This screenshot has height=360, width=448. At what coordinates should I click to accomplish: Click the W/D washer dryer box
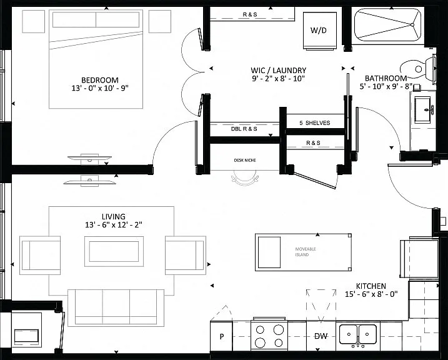pos(320,31)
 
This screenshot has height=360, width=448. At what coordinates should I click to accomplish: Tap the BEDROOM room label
pos(100,80)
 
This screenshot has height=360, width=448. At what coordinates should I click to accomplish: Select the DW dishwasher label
pos(321,336)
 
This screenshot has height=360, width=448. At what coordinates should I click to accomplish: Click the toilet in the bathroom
pos(418,69)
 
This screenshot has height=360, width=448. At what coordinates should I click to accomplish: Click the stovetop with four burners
pos(269,336)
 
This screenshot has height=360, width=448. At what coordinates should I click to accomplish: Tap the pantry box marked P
pos(221,336)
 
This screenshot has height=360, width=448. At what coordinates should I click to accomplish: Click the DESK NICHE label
pos(245,160)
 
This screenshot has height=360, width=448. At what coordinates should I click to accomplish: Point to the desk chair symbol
pos(245,178)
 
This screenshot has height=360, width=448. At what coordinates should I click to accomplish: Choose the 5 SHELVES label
pos(314,123)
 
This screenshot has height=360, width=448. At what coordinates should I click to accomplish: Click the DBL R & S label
pos(244,129)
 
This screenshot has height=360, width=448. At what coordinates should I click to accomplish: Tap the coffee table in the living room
pos(114,251)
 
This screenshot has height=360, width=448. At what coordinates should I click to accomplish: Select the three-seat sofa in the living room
pos(116,308)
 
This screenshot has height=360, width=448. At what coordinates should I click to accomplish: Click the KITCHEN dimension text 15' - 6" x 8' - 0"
pos(371,294)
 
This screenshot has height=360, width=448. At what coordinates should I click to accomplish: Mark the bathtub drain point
pos(412,25)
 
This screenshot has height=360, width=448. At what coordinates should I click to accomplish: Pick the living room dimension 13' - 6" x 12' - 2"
pos(114,225)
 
